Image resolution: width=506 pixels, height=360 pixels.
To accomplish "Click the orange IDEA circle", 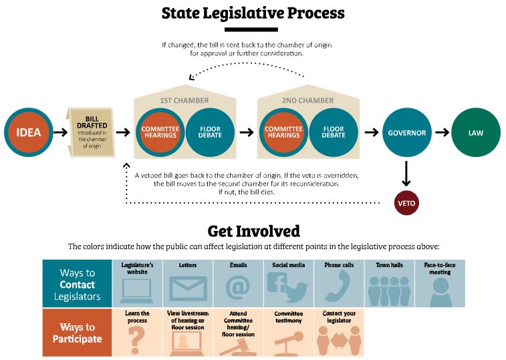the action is tap(29, 132).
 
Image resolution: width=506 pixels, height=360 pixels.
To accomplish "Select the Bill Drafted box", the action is tap(88, 132).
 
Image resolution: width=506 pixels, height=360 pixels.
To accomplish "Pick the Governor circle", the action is tap(406, 132).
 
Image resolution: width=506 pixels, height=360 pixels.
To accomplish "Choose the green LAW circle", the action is tap(475, 132).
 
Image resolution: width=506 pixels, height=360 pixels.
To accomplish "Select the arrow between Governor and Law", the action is tap(441, 132).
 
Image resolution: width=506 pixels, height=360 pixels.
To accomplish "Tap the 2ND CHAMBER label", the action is tap(308, 101).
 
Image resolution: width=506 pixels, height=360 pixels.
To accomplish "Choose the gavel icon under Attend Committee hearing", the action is tap(237, 345).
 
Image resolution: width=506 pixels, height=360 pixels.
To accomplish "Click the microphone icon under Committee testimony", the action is tap(287, 340).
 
